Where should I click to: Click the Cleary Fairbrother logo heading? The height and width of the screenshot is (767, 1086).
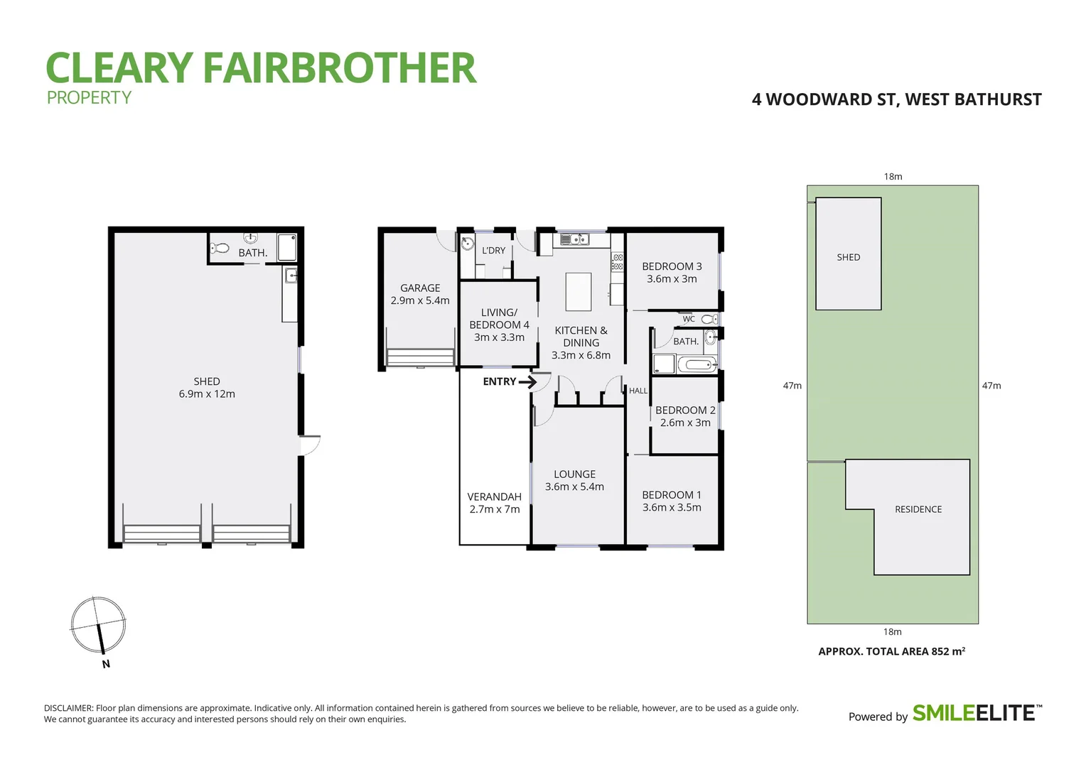point(260,68)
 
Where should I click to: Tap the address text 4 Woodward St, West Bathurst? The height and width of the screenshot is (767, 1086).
point(896,99)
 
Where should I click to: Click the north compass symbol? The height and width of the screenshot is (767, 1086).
point(98,626)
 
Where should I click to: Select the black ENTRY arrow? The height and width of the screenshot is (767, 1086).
point(527,382)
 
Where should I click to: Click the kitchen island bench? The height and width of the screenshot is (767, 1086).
point(578,291)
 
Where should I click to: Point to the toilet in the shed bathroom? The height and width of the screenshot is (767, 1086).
point(220,249)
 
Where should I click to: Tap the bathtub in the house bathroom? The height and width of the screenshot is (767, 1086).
point(697,365)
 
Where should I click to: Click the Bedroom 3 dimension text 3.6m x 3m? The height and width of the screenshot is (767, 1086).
point(671,279)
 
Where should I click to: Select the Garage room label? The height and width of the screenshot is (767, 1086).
point(420,288)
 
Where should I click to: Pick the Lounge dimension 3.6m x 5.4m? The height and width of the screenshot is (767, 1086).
point(574,486)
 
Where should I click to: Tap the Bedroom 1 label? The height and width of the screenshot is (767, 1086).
point(671,495)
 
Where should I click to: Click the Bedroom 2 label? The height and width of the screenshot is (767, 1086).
point(684,410)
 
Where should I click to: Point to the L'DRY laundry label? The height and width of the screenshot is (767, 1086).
point(493,251)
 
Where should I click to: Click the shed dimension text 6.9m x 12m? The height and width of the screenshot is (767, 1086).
point(207,394)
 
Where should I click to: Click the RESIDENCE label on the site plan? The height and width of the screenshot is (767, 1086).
point(918,509)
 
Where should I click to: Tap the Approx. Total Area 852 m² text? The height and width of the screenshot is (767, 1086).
point(891,651)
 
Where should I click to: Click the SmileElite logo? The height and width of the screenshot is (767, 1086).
point(977,713)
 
